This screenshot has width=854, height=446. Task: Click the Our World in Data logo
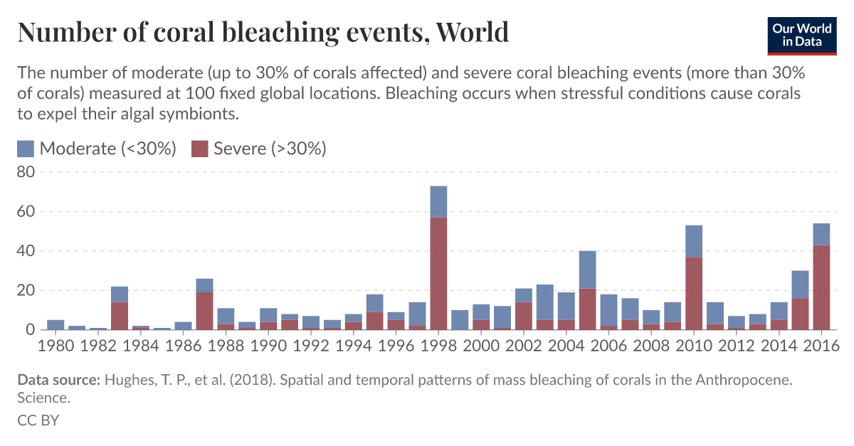pos(801,33)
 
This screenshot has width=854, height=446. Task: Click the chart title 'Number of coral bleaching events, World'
pos(263,33)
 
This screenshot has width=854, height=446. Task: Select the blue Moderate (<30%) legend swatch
pos(26,149)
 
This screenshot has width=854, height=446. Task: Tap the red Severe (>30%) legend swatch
pos(201,149)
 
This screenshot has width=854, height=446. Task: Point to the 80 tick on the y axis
pos(26,172)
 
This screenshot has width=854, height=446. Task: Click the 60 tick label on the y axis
pos(26,212)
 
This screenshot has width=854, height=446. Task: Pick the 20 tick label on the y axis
pos(26,291)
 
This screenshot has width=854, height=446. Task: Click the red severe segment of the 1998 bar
pos(438,274)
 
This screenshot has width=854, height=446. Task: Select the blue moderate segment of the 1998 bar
pos(438,201)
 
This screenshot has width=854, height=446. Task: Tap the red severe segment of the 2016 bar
pos(821,287)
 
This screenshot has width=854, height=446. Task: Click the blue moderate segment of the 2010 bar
pos(694,241)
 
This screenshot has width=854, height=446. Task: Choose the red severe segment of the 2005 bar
pos(587,309)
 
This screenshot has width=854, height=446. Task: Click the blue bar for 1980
pos(56,325)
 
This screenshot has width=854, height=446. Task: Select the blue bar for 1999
pos(460,320)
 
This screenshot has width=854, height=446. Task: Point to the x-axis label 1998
pos(438,346)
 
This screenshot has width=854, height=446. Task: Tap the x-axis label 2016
pos(821,346)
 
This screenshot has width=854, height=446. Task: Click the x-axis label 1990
pos(268,346)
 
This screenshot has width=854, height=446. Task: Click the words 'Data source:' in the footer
pos(58,381)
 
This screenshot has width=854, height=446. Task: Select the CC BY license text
pos(38,420)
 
